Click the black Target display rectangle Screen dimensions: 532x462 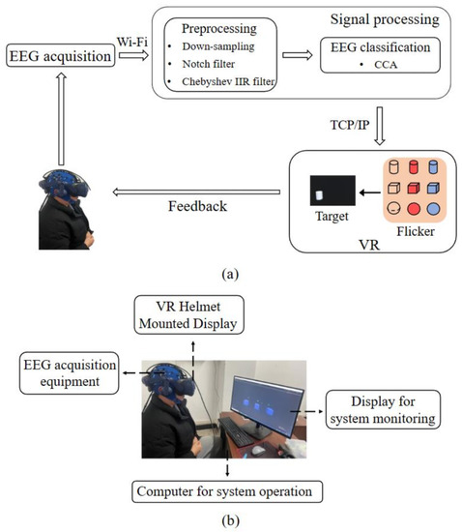click(329, 192)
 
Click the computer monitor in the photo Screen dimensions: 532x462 click(263, 406)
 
